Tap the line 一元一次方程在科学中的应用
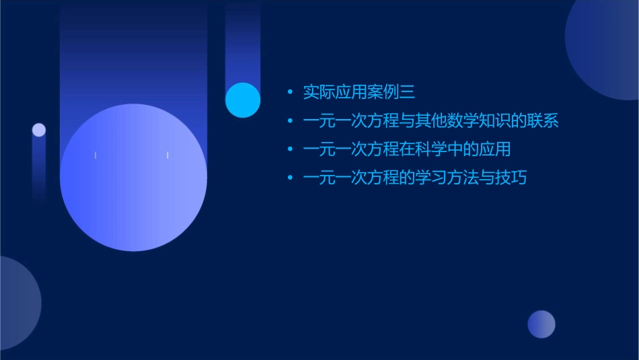[x=406, y=149]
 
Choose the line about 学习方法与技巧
[x=414, y=178]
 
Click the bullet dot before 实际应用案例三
[x=290, y=92]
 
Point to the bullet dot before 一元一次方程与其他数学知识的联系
[x=290, y=121]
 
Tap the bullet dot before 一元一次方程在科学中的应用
[x=290, y=149]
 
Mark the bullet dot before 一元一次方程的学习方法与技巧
[x=290, y=178]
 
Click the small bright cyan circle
[x=243, y=100]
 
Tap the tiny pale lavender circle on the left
[x=39, y=130]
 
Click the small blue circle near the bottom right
[x=541, y=324]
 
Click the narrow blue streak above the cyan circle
[x=243, y=40]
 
